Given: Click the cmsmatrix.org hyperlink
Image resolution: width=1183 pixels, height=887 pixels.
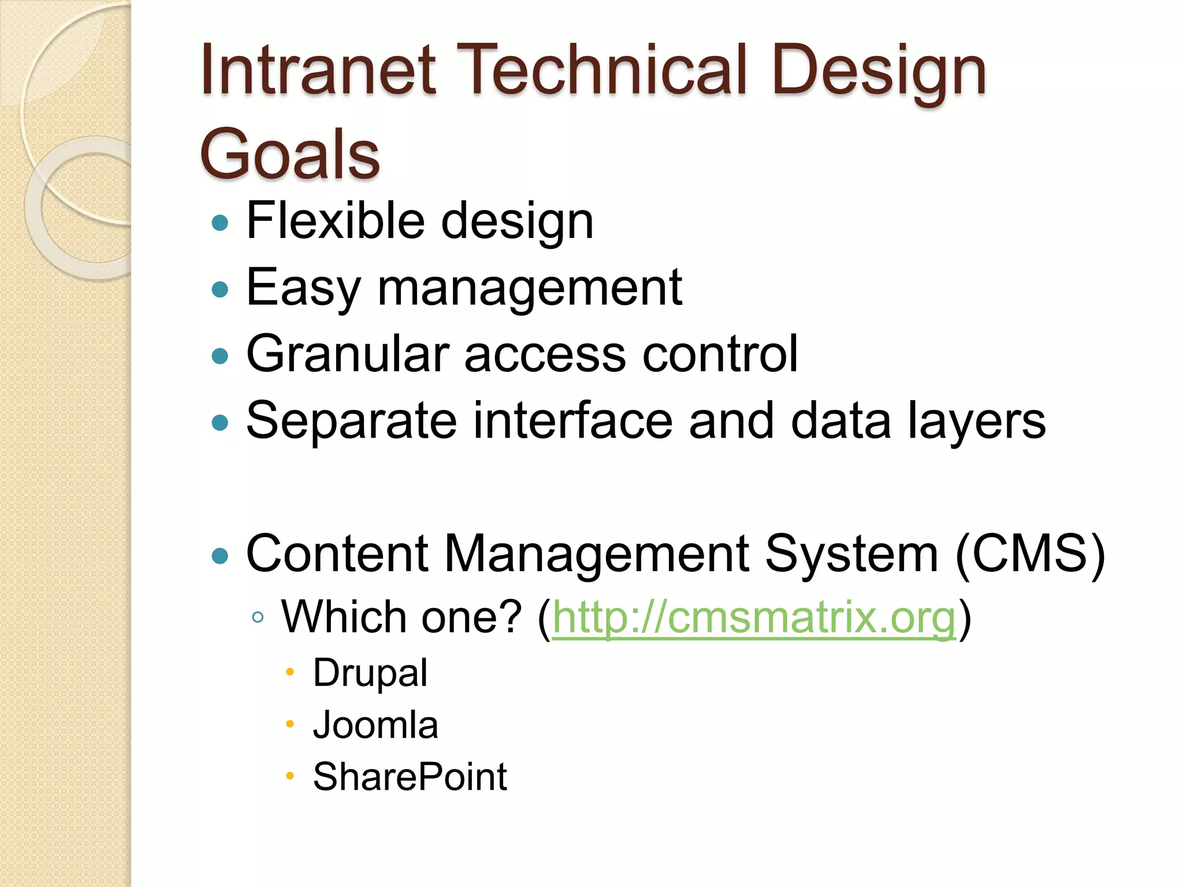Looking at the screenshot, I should tap(754, 617).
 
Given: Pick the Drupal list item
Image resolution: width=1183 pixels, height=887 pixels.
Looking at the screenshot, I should tap(370, 673).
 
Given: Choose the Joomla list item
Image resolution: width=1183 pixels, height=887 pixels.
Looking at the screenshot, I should tap(375, 725).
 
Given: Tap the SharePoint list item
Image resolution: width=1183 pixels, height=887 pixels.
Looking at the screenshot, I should tap(410, 777).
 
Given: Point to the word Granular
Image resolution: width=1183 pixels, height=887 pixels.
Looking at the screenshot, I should tap(347, 353).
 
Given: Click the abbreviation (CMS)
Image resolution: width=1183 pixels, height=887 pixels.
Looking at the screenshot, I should tap(1030, 553).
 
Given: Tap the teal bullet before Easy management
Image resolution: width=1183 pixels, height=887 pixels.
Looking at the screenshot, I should tap(220, 289).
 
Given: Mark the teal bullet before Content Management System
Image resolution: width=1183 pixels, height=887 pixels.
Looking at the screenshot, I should tap(220, 556).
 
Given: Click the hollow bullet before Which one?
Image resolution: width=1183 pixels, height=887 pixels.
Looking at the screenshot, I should tap(258, 617).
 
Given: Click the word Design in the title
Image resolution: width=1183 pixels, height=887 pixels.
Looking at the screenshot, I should tap(878, 72).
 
